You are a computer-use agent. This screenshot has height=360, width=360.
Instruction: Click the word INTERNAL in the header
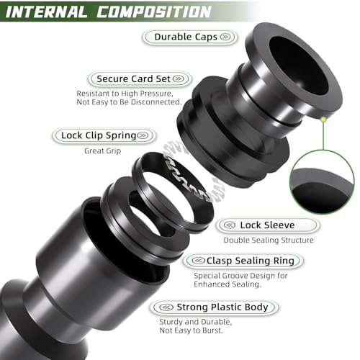tap(46, 12)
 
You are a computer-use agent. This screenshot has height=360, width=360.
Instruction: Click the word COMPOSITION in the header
tap(154, 12)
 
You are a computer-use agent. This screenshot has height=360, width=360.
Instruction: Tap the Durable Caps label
tap(190, 37)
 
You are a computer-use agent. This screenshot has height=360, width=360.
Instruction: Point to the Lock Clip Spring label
tap(104, 135)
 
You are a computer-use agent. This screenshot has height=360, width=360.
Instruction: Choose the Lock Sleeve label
tap(268, 225)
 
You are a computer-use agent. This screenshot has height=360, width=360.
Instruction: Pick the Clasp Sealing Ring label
tap(243, 261)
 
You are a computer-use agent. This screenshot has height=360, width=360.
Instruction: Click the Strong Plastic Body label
tap(214, 307)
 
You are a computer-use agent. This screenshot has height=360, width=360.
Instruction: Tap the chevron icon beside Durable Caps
tap(225, 37)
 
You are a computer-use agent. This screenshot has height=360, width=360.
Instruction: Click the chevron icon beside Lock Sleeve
tap(230, 225)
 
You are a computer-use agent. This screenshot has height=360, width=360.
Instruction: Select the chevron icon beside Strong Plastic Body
tap(166, 307)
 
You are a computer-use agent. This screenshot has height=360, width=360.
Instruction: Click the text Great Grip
tap(103, 150)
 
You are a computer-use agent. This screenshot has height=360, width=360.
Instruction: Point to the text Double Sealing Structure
tap(269, 240)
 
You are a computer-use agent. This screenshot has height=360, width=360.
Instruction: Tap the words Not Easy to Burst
tap(192, 330)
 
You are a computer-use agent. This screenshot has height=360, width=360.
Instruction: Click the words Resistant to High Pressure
tap(125, 93)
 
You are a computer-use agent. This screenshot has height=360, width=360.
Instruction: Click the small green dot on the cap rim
tap(323, 120)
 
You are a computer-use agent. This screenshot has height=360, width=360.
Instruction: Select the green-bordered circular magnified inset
tap(322, 182)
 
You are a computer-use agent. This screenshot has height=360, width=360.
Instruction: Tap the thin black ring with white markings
tap(172, 192)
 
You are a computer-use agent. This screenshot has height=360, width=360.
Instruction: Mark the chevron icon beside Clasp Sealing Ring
tap(199, 261)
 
